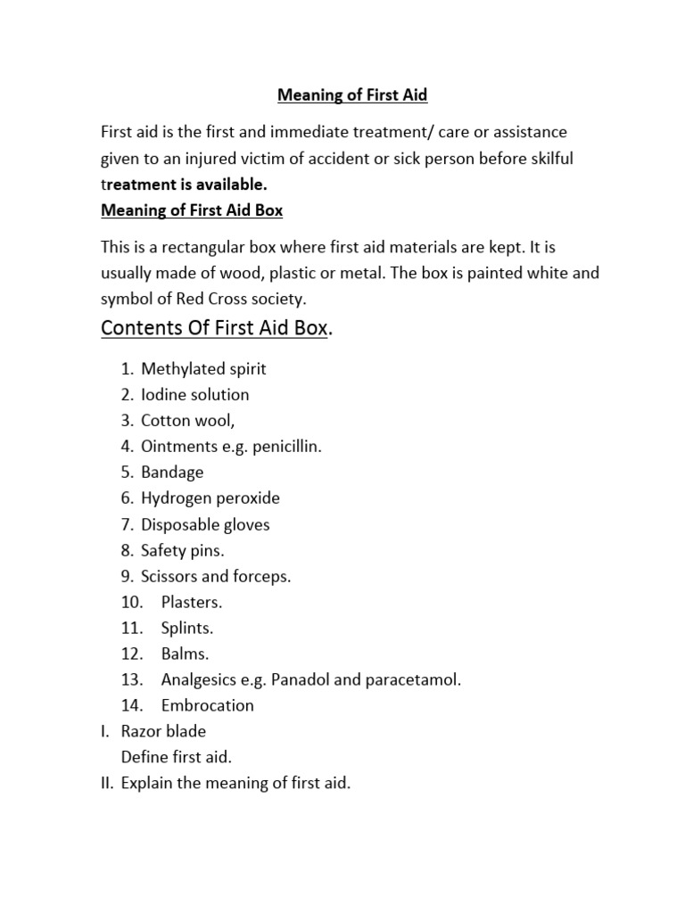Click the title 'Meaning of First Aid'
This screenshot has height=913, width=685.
[352, 95]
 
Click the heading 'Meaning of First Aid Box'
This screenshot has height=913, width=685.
[192, 210]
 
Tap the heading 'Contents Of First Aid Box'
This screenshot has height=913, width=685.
[215, 328]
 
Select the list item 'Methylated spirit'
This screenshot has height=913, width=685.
[203, 368]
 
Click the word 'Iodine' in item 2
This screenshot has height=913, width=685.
[163, 394]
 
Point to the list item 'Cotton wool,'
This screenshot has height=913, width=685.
[188, 420]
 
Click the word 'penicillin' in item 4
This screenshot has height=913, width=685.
[285, 446]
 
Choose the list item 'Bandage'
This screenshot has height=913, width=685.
[172, 472]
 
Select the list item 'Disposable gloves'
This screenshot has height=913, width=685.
[205, 524]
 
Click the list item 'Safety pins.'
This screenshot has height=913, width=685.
[183, 550]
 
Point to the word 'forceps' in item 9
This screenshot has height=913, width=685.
[262, 576]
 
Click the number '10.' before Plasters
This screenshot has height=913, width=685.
[132, 602]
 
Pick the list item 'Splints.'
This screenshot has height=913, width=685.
[187, 628]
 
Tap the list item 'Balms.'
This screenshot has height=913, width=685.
[185, 654]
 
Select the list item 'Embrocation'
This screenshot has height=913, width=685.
[208, 705]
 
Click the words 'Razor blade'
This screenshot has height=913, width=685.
[163, 731]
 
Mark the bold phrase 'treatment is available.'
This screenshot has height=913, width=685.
[185, 185]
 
